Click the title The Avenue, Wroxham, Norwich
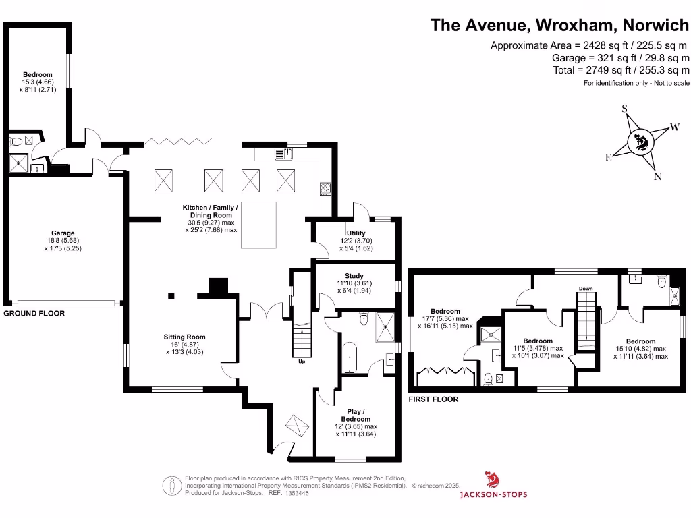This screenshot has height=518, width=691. (560, 26)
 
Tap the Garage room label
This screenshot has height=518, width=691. (63, 233)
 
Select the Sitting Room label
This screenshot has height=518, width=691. (184, 337)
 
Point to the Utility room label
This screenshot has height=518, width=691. (356, 233)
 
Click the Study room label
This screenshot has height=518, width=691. (354, 276)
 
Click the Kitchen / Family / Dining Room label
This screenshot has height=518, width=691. (211, 208)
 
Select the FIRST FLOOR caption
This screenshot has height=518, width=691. (433, 399)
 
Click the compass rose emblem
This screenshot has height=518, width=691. (638, 142)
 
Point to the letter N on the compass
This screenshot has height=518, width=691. (658, 177)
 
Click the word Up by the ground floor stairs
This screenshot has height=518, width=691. (302, 362)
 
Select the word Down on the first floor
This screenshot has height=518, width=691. (586, 289)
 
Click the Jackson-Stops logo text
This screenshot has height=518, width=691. (493, 494)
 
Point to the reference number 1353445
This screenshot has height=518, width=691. (298, 493)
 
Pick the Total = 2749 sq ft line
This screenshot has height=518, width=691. (621, 70)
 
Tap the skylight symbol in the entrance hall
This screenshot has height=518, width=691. (297, 426)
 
